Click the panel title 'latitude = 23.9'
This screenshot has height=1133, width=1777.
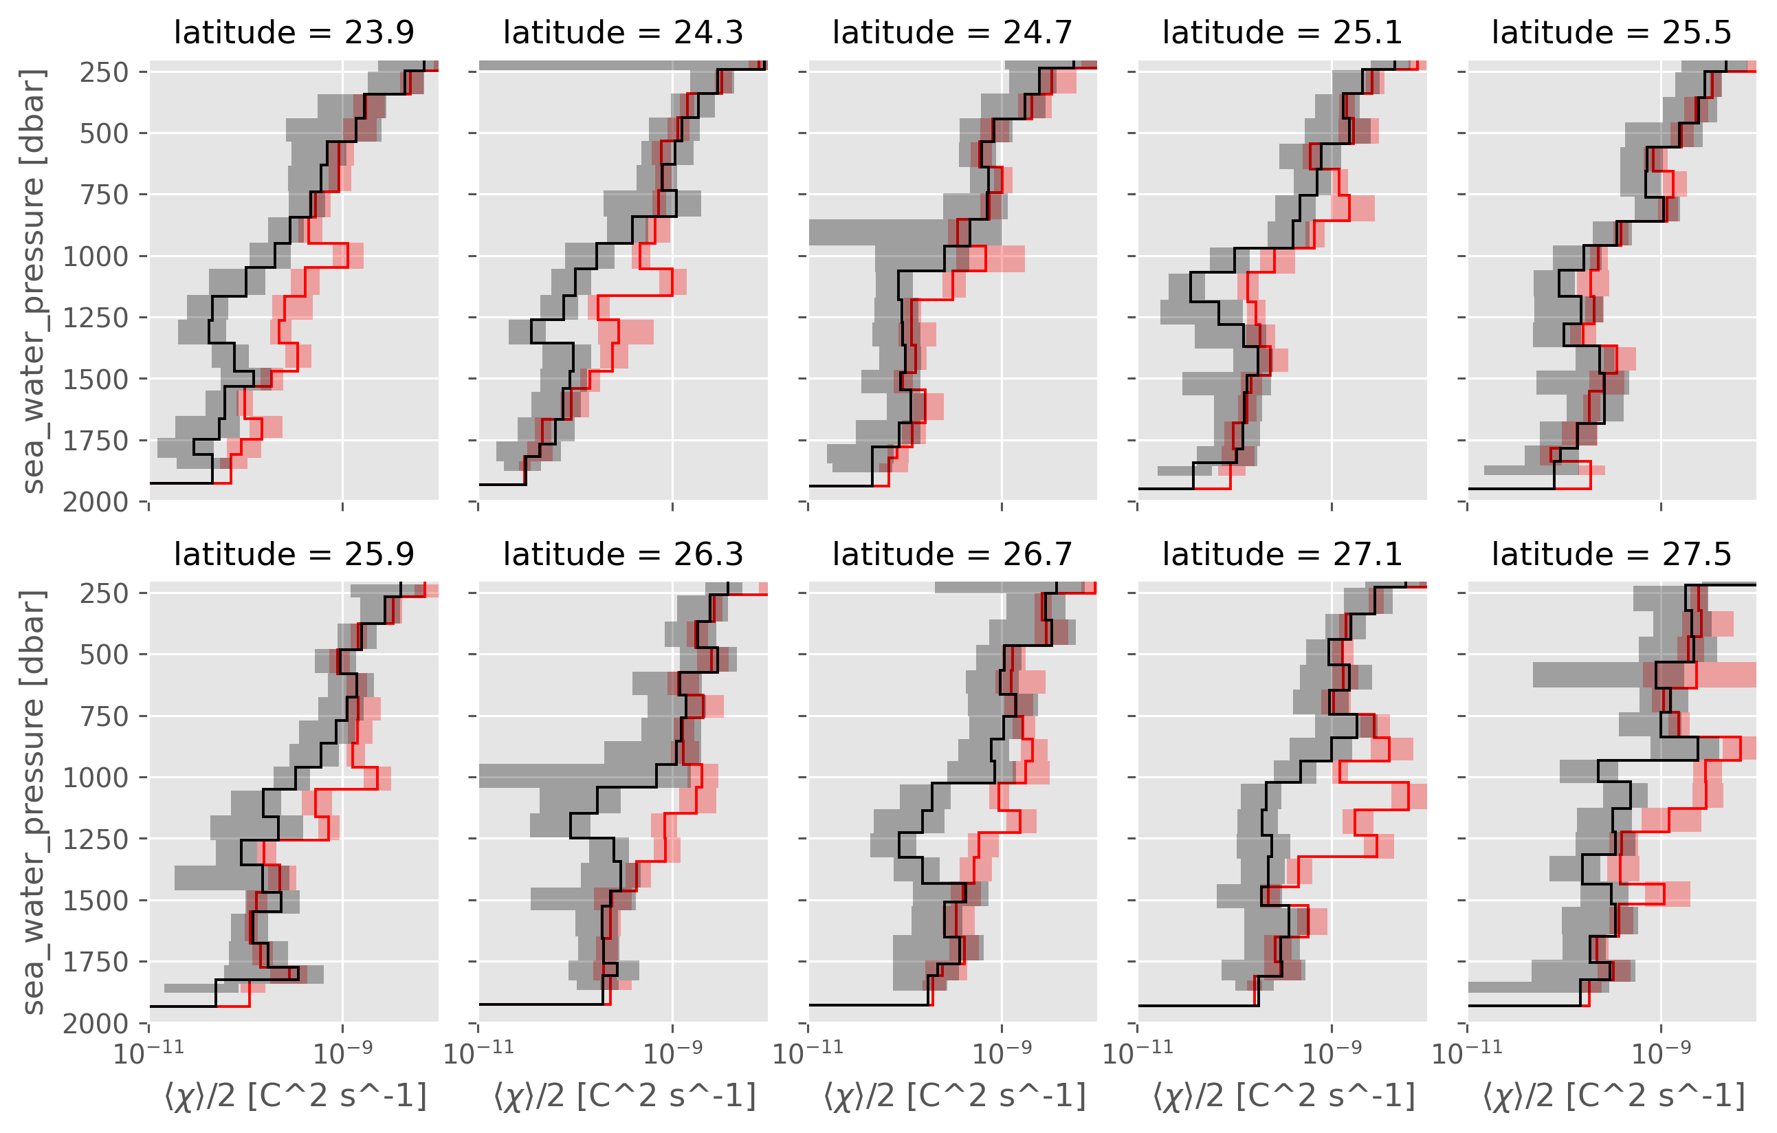click(294, 32)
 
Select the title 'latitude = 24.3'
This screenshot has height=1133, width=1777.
click(623, 32)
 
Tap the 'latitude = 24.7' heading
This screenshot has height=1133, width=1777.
click(952, 32)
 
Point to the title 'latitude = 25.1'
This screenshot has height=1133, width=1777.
click(1282, 32)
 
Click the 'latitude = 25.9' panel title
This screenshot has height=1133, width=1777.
click(294, 554)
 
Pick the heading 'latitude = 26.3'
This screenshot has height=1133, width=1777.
click(623, 554)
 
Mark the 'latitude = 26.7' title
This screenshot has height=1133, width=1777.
click(952, 554)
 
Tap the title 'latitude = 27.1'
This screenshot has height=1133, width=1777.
click(1282, 554)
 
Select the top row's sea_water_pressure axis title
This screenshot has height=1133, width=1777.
click(34, 280)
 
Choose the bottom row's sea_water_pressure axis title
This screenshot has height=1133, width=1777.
click(34, 802)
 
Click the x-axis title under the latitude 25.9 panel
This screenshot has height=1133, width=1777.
click(295, 1097)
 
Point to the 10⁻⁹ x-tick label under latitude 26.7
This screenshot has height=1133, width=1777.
click(1002, 1053)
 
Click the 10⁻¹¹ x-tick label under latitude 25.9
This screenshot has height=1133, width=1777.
click(149, 1053)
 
